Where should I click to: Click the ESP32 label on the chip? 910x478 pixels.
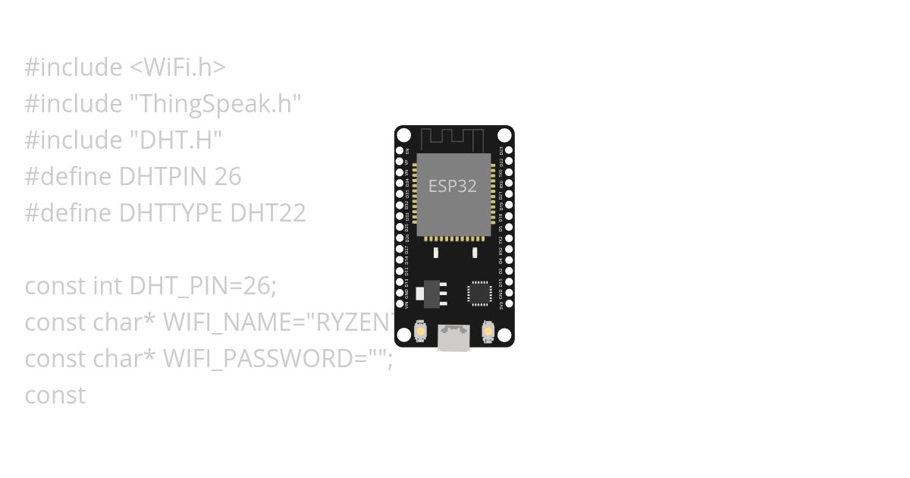click(x=453, y=186)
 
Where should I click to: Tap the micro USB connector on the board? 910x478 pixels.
click(x=453, y=338)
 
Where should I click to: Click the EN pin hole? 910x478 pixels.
click(x=400, y=151)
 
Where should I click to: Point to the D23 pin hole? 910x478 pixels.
click(x=508, y=151)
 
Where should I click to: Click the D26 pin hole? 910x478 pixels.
click(x=400, y=237)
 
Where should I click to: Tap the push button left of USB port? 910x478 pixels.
click(x=421, y=332)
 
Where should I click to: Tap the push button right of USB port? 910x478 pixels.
click(x=486, y=332)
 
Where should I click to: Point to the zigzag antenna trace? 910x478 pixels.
click(x=453, y=138)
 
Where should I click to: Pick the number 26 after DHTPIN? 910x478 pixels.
click(x=227, y=177)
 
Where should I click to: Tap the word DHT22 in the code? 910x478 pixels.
click(x=268, y=213)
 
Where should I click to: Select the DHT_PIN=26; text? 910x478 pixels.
click(x=203, y=286)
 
